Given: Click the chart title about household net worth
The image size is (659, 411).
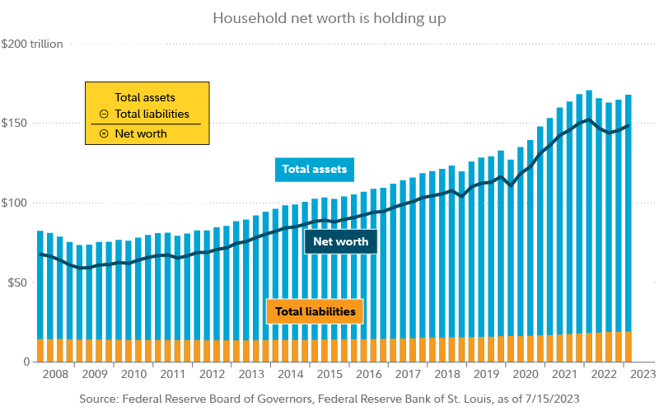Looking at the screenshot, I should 329,17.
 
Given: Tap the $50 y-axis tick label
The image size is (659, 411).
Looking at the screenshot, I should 18,283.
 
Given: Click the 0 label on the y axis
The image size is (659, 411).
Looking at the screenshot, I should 27,362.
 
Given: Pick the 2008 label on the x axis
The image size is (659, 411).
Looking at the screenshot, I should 54,375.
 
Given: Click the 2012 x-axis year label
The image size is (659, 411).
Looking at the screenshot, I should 212,375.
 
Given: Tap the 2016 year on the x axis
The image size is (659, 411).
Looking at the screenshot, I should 369,375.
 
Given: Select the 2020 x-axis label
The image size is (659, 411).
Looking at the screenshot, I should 526,375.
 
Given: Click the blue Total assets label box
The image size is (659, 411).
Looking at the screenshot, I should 315,170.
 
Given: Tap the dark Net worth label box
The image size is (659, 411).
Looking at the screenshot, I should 341,242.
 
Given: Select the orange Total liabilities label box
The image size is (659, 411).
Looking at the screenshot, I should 315,312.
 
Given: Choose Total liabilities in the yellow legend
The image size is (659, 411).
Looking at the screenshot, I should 152,114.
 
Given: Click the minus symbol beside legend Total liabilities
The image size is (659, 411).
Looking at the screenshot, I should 103,114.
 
